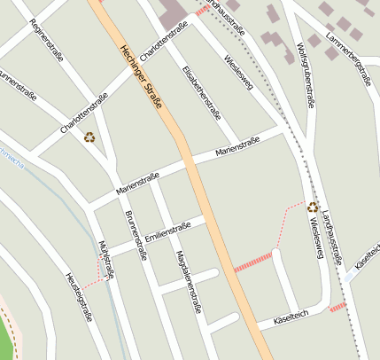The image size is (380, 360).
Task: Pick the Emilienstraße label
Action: coord(168,231)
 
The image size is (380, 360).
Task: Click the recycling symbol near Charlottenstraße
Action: coord(89,137)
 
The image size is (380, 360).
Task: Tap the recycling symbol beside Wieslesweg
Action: coord(313,207)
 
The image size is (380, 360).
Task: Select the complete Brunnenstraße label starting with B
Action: coord(136,235)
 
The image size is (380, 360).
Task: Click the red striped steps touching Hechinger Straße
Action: coord(252,262)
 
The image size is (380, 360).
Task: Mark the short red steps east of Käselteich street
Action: coord(337,308)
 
